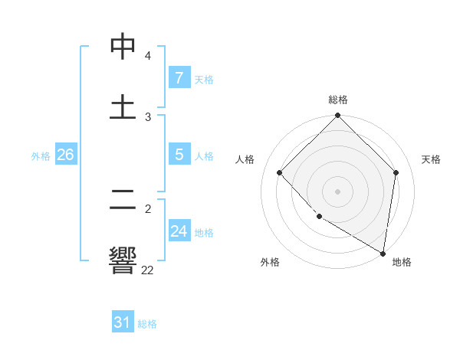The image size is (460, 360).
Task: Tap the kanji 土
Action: point(123,107)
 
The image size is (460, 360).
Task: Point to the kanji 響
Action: point(123,260)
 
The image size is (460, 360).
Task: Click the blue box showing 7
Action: point(179,78)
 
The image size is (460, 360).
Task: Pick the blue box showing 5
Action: point(179,155)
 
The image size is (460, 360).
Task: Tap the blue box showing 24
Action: point(179,231)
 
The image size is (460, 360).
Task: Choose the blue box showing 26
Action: point(65,155)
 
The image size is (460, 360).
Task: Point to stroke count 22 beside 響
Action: point(147,270)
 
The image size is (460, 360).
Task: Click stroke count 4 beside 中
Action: point(147,56)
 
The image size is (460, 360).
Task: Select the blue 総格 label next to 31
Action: point(147,324)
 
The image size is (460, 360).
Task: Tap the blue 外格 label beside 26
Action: point(41,156)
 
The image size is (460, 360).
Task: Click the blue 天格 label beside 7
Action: point(204,80)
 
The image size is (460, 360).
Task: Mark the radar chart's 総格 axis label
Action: point(338,100)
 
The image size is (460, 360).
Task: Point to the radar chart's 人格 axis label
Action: point(245,159)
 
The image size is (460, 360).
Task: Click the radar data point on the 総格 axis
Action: point(338,116)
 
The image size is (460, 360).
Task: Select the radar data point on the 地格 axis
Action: point(383,253)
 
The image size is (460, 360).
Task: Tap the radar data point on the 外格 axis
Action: point(319,217)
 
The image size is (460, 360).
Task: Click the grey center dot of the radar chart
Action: point(338,191)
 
